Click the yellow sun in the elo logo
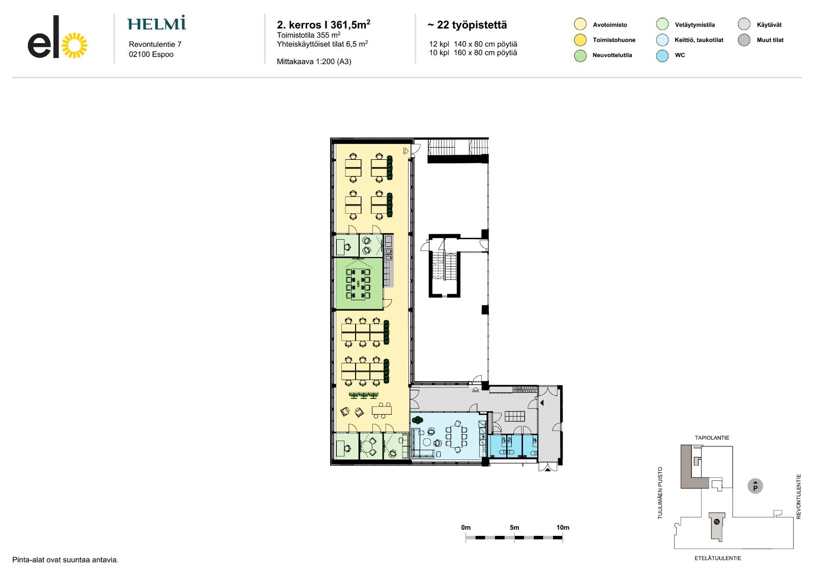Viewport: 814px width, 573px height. pos(74,45)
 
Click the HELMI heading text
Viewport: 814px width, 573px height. pos(157,23)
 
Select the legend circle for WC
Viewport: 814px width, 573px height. pos(662,55)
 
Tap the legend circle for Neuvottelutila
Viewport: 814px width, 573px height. pos(580,55)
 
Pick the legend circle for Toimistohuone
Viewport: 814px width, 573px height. pos(580,40)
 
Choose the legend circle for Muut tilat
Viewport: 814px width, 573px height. pos(744,40)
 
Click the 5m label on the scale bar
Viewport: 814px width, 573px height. pos(514,527)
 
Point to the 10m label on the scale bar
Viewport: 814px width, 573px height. pos(563,527)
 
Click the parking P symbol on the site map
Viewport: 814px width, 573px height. pos(755,486)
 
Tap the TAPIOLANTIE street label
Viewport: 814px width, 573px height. pos(712,438)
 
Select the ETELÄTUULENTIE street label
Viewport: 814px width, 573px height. pos(718,558)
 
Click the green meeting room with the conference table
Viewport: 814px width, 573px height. pos(359,283)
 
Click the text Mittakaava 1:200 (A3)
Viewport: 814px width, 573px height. pos(314,62)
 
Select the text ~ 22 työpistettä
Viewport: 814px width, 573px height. pos(467,25)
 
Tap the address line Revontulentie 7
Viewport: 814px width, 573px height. pos(155,44)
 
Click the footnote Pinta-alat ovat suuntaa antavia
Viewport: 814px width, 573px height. pos(66,560)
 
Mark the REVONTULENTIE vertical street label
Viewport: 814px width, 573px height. pos(798,496)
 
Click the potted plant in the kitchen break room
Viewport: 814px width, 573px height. pos(417,420)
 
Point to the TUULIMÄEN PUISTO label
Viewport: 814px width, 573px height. pos(660,493)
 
